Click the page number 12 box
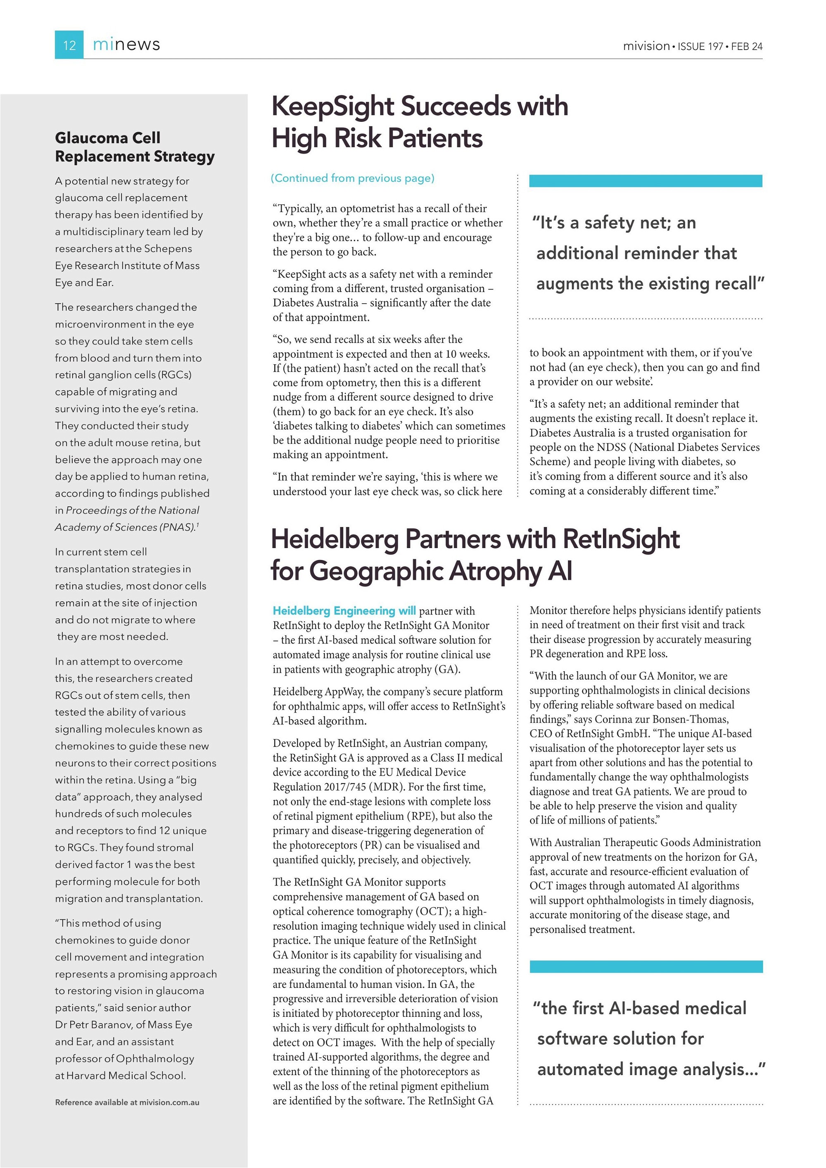[x=69, y=45]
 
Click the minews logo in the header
[x=126, y=45]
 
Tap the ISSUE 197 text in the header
[x=700, y=46]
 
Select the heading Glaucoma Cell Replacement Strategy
[x=134, y=147]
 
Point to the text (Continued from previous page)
[x=352, y=178]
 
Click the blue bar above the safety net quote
[x=645, y=180]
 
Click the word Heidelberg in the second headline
[x=335, y=539]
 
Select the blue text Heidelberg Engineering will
[x=344, y=610]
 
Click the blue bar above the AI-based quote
[x=646, y=966]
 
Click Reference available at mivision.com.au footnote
[x=127, y=1102]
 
